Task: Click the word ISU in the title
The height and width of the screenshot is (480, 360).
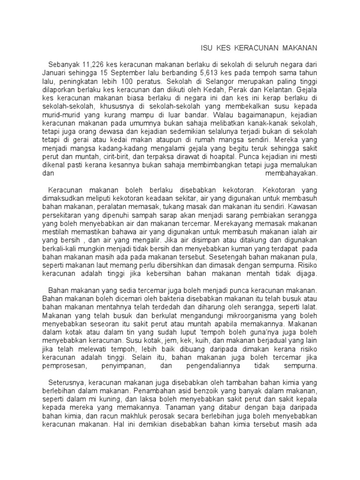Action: (207, 48)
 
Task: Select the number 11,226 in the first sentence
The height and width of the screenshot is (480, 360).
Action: (93, 64)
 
